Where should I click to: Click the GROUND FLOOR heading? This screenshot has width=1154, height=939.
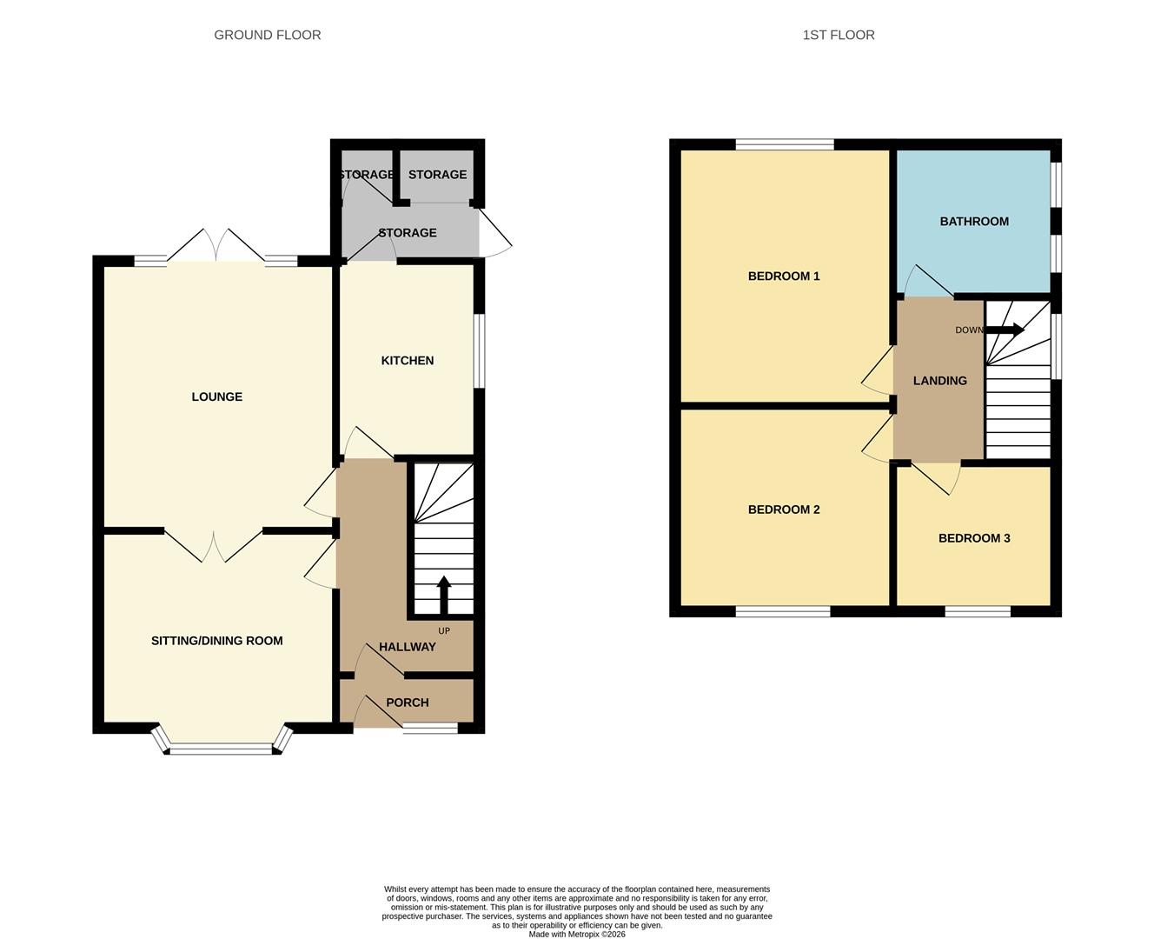coord(267,35)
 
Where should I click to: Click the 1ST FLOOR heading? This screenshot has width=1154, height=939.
coord(838,35)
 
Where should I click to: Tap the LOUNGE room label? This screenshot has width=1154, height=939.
coord(216,396)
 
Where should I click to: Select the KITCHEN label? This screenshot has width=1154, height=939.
coord(407,360)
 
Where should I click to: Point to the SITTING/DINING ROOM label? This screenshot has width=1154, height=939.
coord(216,641)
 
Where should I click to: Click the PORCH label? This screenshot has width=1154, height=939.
coord(407,703)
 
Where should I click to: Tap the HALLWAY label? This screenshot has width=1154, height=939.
coord(407,647)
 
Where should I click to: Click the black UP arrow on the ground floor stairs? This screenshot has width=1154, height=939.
coord(443,596)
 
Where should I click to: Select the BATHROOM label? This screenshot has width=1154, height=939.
coord(973,221)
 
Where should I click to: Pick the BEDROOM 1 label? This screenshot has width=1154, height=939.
coord(783,276)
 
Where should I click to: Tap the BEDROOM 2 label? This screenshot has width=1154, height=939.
coord(783,509)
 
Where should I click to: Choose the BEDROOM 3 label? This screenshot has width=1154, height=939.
coord(973,538)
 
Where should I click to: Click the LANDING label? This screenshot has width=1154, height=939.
coord(939,380)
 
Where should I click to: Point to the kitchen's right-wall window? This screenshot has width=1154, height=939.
coord(479,350)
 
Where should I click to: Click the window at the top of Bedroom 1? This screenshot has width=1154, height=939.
coord(784,144)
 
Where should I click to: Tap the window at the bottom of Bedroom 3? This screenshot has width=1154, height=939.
coord(977,611)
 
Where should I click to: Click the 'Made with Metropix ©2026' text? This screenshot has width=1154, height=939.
coord(576,935)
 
